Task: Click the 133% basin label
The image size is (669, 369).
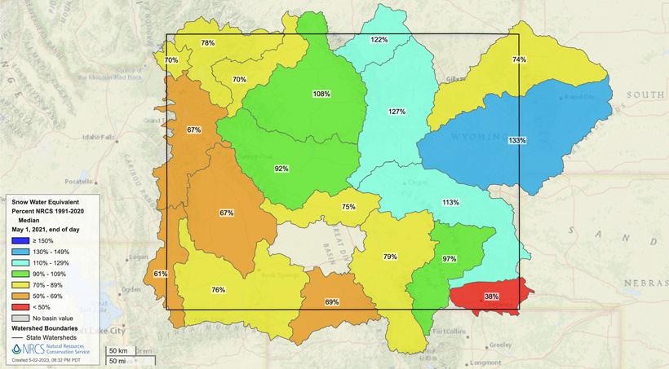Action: [516, 140]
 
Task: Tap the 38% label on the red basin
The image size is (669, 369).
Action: [492, 296]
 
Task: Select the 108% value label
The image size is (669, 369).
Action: [321, 94]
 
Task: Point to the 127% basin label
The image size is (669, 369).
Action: [397, 112]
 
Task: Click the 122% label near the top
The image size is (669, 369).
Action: [379, 40]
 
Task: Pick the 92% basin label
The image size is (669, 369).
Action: [281, 169]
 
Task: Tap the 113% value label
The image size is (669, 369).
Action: [450, 202]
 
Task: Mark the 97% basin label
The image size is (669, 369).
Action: [449, 258]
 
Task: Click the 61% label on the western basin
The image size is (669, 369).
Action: [160, 274]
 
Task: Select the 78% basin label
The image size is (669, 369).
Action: [208, 43]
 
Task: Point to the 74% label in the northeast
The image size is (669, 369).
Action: [519, 59]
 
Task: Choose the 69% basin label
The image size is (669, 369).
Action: [332, 302]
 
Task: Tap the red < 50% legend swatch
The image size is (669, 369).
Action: [16, 305]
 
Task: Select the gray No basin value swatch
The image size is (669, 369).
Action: [16, 316]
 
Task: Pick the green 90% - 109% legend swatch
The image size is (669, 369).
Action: [16, 274]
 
